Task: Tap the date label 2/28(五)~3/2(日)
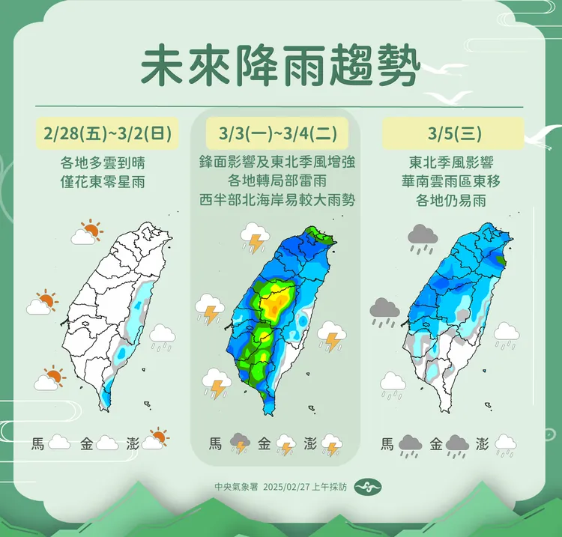point(109,135)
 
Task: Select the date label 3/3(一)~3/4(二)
point(280,135)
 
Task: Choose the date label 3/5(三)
point(447,135)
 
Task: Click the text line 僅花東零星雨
point(109,180)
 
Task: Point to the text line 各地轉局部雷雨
point(280,180)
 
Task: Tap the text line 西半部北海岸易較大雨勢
point(280,200)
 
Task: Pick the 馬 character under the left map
point(38,443)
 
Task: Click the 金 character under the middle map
point(264,443)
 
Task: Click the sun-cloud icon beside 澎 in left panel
point(155,439)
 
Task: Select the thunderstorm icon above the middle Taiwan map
point(255,239)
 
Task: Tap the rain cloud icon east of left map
point(162,337)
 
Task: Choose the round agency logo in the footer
point(363,485)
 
